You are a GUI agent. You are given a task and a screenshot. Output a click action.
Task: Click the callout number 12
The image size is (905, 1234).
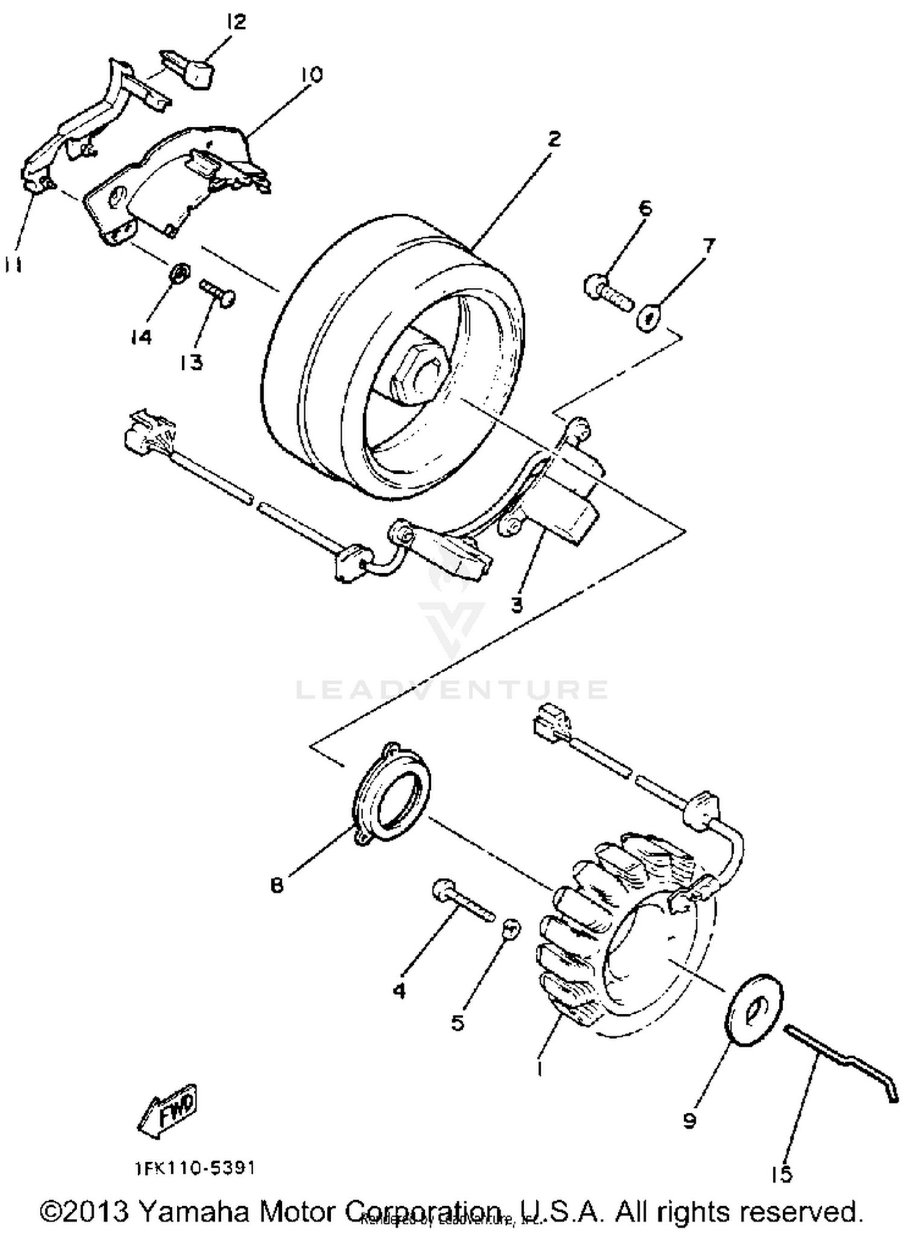pos(236,22)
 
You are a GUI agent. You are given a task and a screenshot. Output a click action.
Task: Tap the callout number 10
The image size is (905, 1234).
pos(311,74)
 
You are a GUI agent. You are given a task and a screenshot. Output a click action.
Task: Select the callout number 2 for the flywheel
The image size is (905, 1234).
pos(553,139)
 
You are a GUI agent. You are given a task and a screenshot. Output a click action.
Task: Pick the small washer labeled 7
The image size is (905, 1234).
pos(647,319)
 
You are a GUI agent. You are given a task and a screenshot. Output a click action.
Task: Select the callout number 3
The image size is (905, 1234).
pos(517,604)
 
